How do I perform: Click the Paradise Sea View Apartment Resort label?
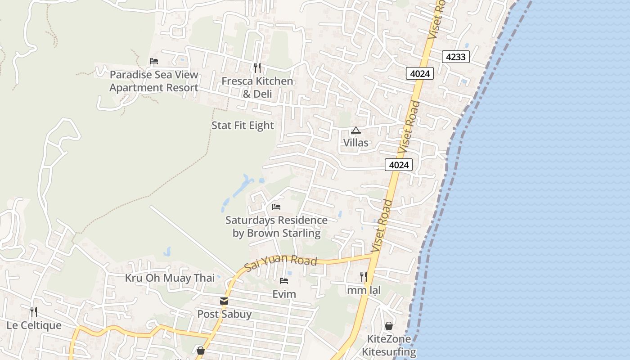154,81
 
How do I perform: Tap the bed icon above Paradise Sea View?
154,61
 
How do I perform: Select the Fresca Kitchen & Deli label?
257,87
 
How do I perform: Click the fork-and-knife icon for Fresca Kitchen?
257,68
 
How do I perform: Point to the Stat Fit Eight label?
243,126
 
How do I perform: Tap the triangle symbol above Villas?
356,130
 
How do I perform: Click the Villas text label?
355,143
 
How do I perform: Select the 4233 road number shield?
456,57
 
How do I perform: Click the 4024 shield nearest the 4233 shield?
419,73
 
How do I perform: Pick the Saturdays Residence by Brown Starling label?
276,226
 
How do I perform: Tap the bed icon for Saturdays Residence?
276,207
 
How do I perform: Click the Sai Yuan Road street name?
281,263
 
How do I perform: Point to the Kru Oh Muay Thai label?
170,278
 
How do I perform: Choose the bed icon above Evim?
284,281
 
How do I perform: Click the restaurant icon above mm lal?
364,276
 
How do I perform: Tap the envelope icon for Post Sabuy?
224,301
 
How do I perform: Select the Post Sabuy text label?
224,314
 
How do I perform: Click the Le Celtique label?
34,325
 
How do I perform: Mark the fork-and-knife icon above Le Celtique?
33,311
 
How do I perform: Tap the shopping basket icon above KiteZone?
389,326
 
